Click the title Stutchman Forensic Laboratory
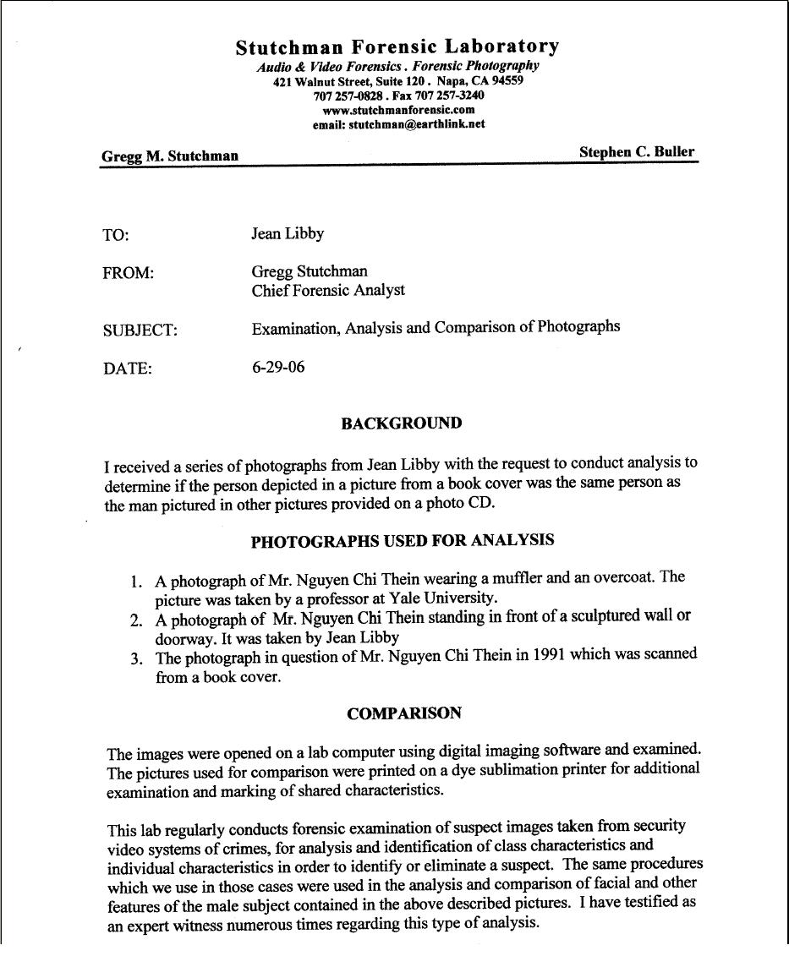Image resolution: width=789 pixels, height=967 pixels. [x=397, y=46]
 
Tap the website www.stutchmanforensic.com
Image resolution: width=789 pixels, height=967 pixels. [x=398, y=109]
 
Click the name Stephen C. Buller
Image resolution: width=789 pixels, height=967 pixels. [x=637, y=152]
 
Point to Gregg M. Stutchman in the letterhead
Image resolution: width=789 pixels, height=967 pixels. [x=170, y=156]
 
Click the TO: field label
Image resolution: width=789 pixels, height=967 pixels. [x=116, y=236]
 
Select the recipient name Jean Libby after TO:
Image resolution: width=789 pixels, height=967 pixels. [x=288, y=233]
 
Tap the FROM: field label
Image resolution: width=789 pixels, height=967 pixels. [x=128, y=274]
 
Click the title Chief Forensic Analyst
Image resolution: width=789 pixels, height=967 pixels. [x=328, y=290]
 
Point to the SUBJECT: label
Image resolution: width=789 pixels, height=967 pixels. [x=140, y=331]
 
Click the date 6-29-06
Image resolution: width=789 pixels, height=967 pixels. [x=278, y=367]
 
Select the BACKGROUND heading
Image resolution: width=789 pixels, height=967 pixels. [x=402, y=423]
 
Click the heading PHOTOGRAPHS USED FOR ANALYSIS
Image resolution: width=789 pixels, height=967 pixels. [x=403, y=541]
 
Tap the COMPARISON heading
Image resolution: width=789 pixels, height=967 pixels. [x=404, y=713]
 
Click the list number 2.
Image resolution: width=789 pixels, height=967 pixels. [x=136, y=620]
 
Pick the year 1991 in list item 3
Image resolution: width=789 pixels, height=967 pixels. [x=550, y=655]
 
